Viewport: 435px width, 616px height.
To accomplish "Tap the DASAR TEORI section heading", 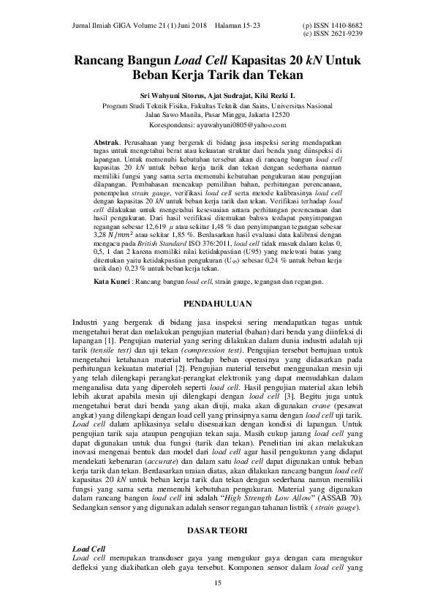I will click(217, 527).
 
